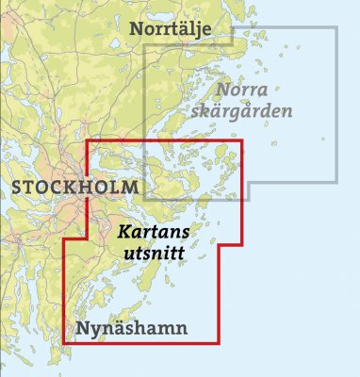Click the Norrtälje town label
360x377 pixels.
[x=180, y=29]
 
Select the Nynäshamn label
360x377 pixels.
[x=130, y=329]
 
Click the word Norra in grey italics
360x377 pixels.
[x=242, y=90]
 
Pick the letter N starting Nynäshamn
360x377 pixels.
[x=79, y=328]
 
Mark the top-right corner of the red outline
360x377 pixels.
[x=242, y=141]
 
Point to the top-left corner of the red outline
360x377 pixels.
[x=87, y=141]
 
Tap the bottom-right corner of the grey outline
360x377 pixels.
[x=336, y=180]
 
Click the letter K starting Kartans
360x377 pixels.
[x=123, y=230]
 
